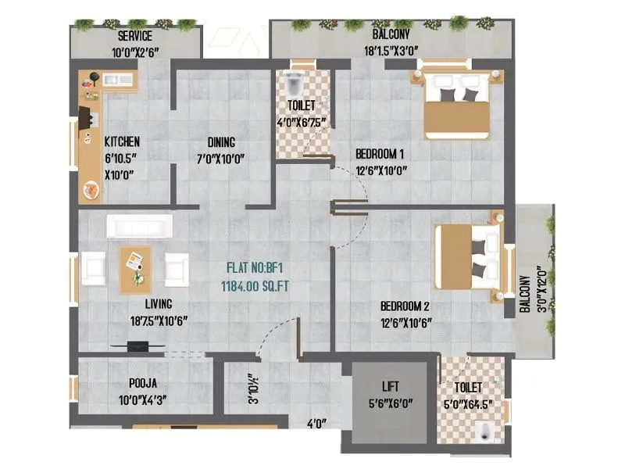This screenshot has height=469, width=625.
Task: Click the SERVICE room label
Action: [135, 36]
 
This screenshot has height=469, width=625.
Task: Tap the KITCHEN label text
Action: [123, 141]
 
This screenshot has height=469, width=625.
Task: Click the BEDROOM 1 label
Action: [380, 152]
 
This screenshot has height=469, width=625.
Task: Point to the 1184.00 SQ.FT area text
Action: [255, 286]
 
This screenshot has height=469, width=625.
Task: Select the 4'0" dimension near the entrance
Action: [316, 424]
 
